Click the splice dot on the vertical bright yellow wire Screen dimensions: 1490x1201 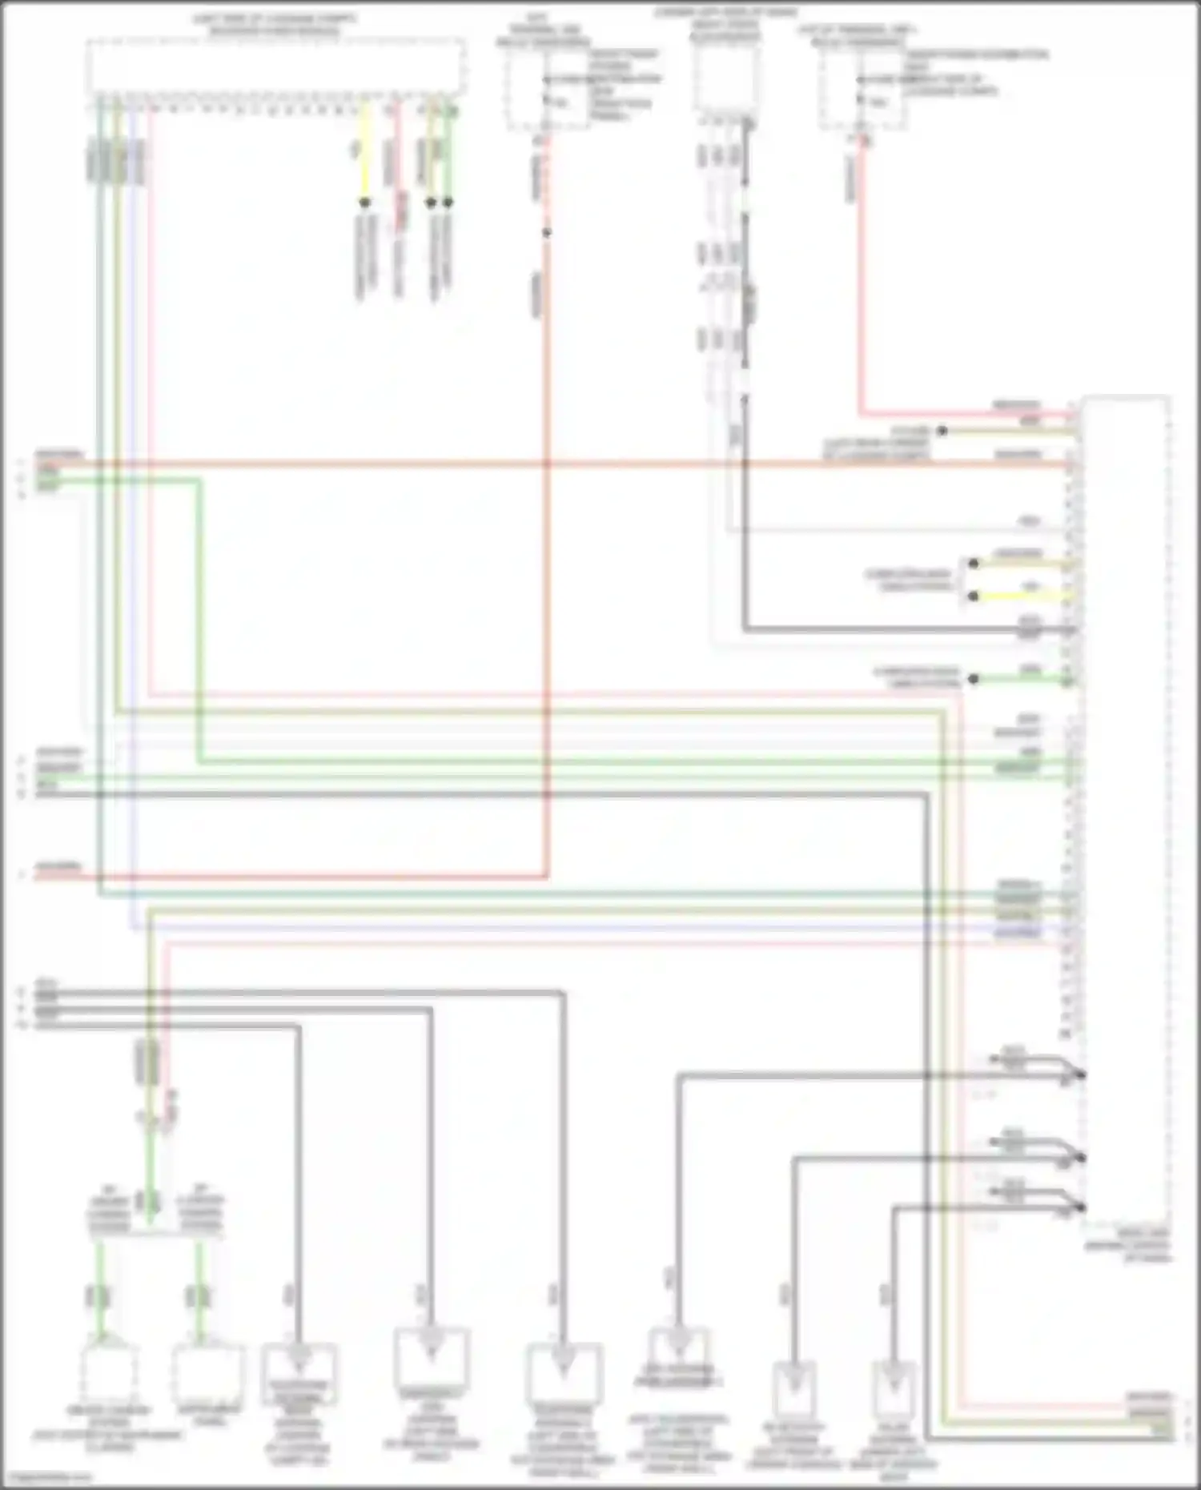pyautogui.click(x=364, y=203)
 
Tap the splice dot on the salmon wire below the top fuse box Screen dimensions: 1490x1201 pyautogui.click(x=547, y=233)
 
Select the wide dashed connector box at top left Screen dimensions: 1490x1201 pyautogui.click(x=275, y=66)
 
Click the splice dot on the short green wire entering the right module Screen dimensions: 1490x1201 pyautogui.click(x=974, y=680)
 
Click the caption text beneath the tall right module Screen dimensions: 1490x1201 pyautogui.click(x=1127, y=1247)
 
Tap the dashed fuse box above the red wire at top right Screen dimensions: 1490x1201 pyautogui.click(x=863, y=90)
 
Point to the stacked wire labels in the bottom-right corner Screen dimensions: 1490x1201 pyautogui.click(x=1151, y=1416)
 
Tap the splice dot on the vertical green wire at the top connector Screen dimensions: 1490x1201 pyautogui.click(x=448, y=203)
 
